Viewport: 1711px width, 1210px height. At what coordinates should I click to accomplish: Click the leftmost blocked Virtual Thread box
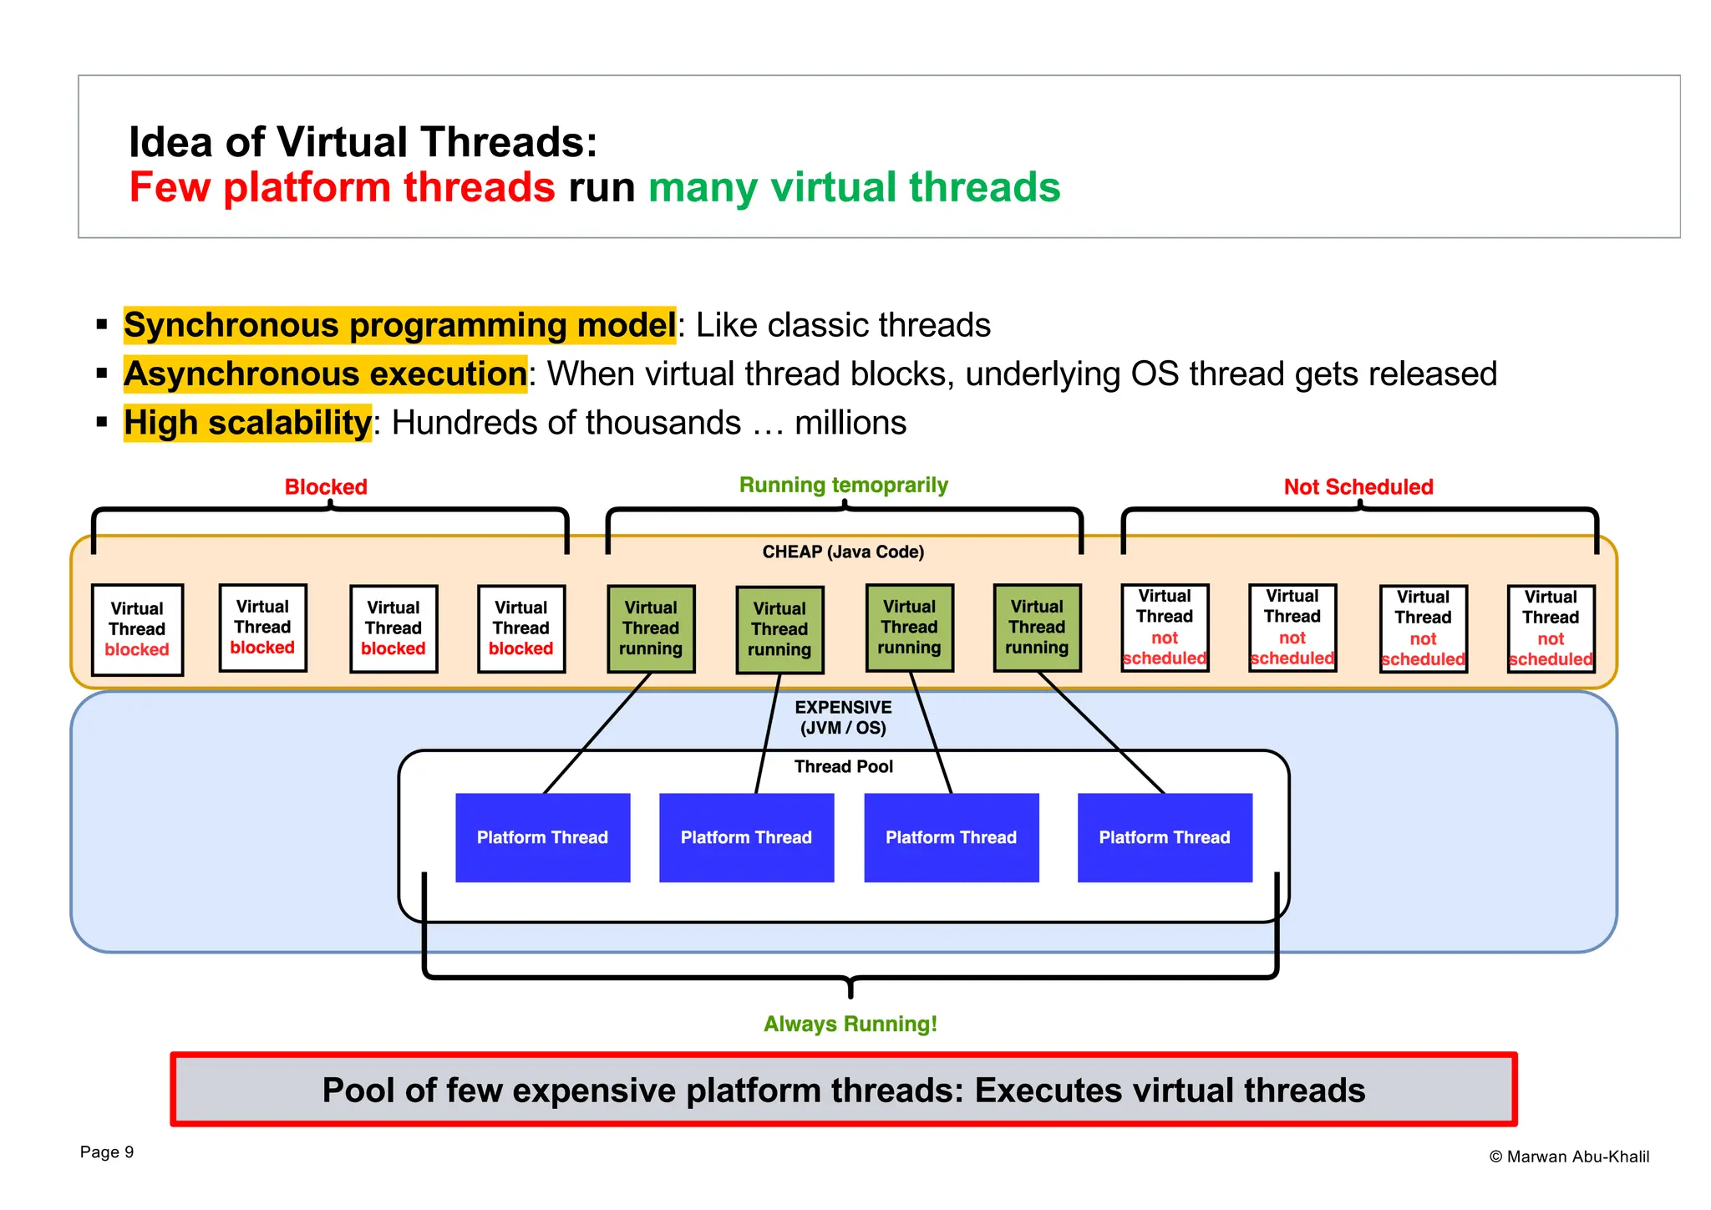137,629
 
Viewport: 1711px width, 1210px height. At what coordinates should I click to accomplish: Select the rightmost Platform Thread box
1165,837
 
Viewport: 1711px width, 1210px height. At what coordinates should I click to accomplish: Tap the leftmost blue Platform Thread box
542,837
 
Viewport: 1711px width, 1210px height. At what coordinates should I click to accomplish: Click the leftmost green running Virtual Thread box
651,628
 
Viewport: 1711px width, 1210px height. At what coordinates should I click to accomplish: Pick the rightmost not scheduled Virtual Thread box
1551,628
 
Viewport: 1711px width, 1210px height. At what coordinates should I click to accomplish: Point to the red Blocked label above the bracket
326,486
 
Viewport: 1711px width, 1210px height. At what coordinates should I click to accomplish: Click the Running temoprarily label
843,485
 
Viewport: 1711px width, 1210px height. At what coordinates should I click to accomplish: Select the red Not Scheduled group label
1358,486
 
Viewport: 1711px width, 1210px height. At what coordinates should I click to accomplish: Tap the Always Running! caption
850,1024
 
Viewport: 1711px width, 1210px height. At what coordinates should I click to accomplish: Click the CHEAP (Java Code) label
843,552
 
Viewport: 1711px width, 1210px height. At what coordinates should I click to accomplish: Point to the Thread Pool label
843,766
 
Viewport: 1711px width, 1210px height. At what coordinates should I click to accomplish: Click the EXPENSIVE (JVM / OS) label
843,717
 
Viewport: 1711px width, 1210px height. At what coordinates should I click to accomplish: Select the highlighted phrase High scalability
247,423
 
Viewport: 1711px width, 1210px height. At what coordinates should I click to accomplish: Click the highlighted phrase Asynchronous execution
326,374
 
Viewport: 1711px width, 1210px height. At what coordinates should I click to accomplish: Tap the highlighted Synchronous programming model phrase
399,325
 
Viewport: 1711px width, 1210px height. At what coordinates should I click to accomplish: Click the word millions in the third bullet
850,423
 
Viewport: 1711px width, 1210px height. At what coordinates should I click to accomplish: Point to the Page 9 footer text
107,1152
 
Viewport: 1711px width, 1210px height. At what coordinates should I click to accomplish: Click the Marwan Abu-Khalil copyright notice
1569,1157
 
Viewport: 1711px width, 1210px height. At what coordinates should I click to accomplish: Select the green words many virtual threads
854,186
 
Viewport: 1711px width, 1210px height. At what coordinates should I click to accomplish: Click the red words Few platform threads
342,186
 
